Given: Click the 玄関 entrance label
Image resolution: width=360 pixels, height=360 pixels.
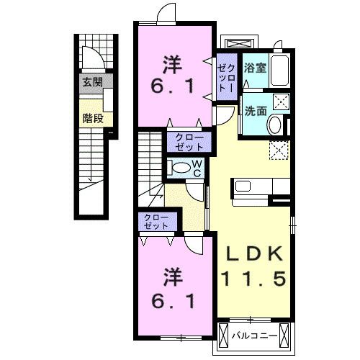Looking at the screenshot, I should [x=93, y=82].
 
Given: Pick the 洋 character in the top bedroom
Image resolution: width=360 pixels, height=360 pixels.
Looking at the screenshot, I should [x=173, y=63].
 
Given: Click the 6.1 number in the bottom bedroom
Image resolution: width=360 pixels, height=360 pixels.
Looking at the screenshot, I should [x=173, y=300].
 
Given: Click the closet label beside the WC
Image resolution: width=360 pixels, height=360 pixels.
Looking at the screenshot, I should [x=189, y=140].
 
